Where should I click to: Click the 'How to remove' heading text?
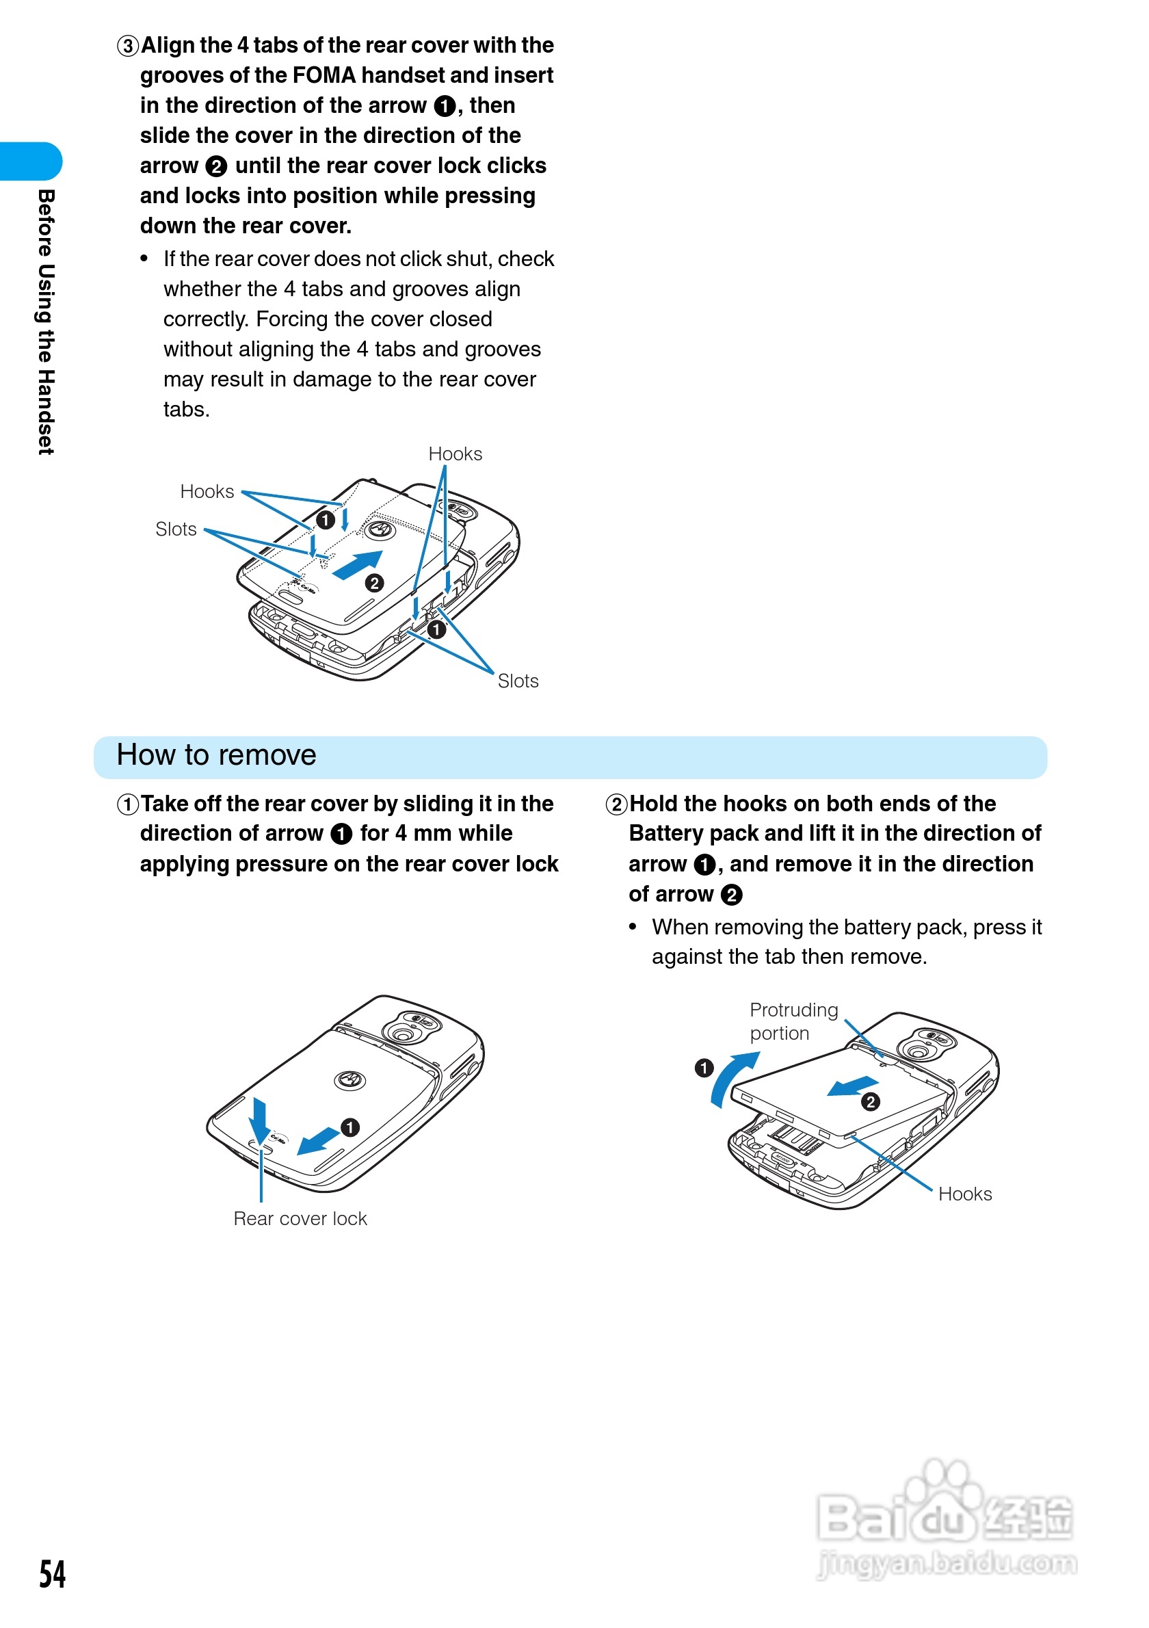(x=216, y=755)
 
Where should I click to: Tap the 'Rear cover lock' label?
(x=300, y=1218)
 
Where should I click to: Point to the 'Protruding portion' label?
(x=793, y=1021)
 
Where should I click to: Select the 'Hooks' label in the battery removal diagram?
(x=965, y=1194)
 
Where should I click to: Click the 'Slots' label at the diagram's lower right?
(x=518, y=681)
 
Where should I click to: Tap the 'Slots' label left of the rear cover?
(x=176, y=529)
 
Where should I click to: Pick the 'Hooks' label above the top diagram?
(x=455, y=454)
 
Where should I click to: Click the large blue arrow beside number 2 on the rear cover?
(x=358, y=565)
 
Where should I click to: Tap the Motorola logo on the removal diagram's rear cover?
(x=349, y=1080)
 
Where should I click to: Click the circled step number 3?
(x=128, y=46)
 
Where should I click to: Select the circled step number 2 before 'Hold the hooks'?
(x=616, y=804)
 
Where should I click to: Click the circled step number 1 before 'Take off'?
(x=128, y=804)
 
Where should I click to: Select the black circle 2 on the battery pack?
(x=871, y=1101)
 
